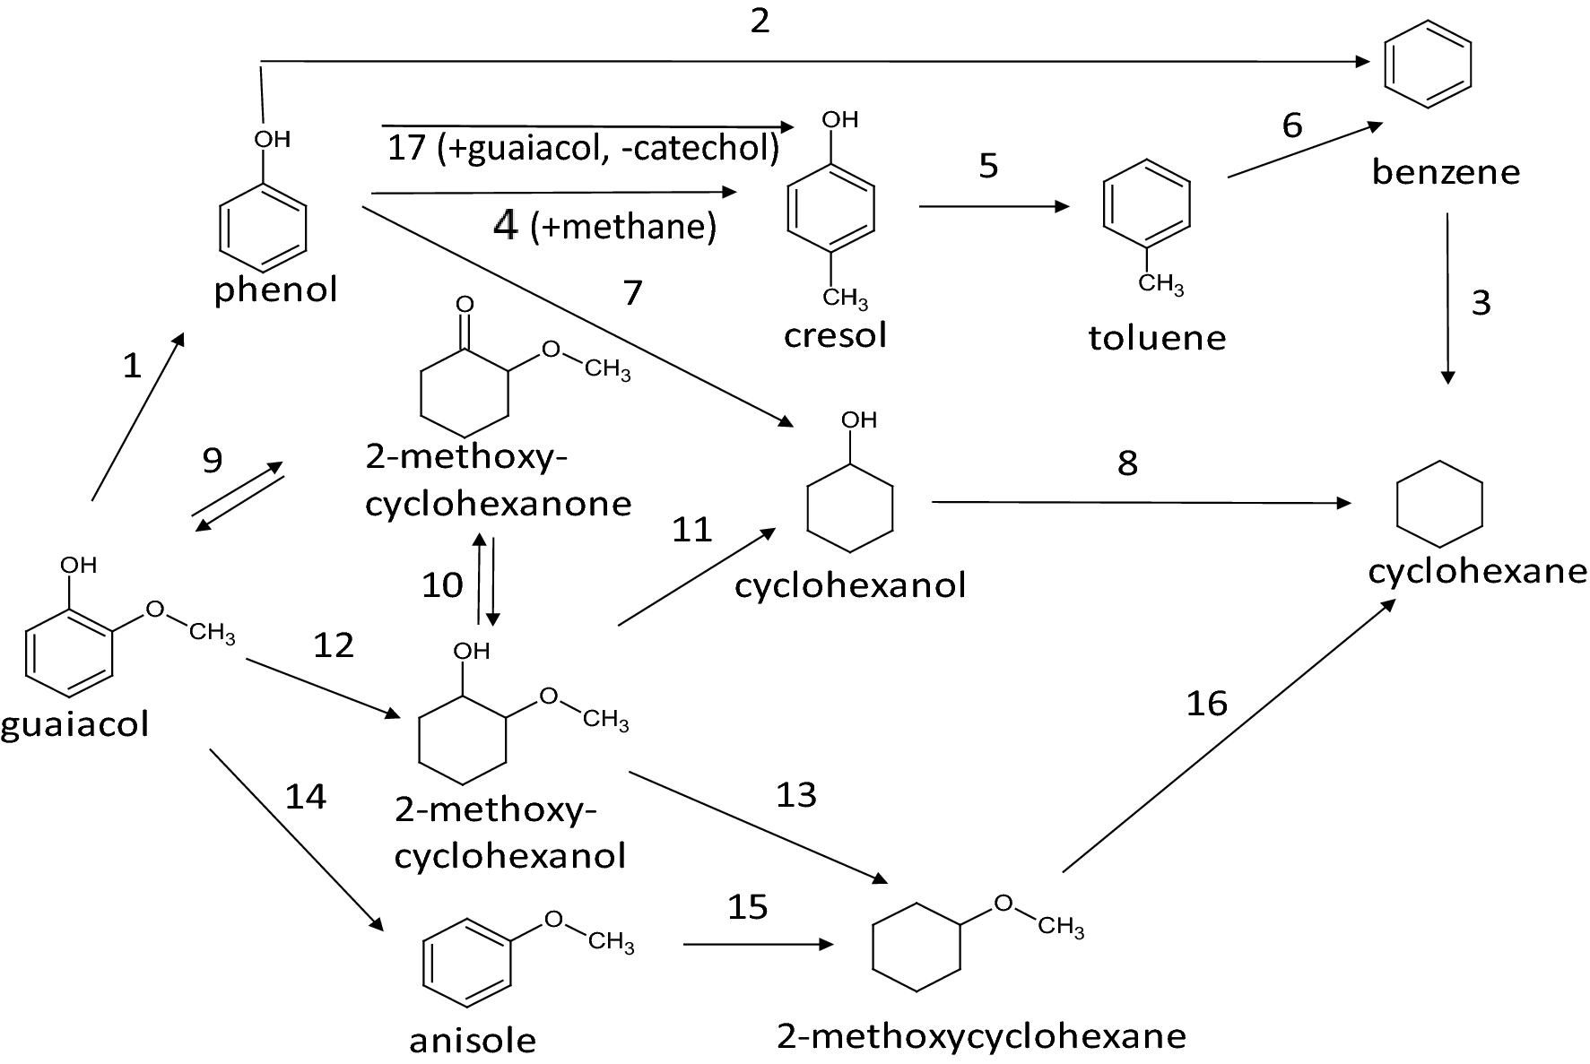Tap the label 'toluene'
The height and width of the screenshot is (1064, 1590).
coord(1157,338)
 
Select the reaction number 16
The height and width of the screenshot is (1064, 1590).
coord(1206,704)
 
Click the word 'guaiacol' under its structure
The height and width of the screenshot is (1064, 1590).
coord(74,724)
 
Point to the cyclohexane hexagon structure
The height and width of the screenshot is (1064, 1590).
coord(1439,504)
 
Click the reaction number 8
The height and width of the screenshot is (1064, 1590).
coord(1127,463)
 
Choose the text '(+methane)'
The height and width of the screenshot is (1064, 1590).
coord(623,227)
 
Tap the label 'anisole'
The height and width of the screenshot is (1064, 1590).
coord(473,1041)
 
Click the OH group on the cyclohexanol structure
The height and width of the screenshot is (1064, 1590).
coord(858,420)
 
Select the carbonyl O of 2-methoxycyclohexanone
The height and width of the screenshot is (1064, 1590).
coord(465,305)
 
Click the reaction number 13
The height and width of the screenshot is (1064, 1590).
coord(796,795)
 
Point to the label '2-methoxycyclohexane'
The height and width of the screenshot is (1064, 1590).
coord(981,1036)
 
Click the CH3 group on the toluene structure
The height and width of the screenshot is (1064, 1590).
coord(1160,284)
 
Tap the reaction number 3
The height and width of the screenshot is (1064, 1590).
coord(1481,303)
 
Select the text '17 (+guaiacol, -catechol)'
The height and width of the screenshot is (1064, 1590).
coord(583,148)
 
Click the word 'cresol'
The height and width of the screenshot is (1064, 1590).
coord(835,335)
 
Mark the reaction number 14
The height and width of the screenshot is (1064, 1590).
coord(305,796)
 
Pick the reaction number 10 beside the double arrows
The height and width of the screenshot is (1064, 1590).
coord(442,585)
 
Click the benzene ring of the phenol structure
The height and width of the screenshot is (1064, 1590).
coord(263,227)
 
